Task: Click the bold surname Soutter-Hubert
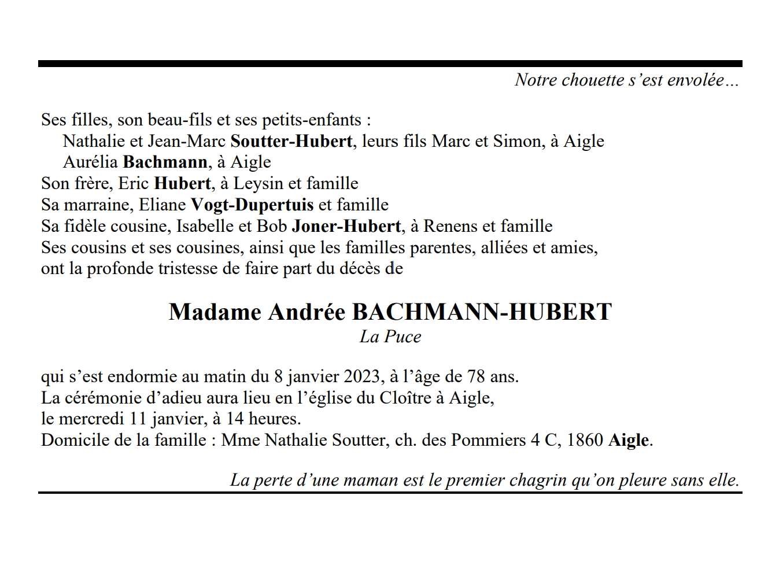coord(291,141)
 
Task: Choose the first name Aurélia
coord(90,162)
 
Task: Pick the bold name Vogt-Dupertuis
coord(252,205)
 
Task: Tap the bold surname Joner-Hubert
coord(346,226)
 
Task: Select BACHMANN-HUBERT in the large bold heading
coord(482,312)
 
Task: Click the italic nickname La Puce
coord(390,337)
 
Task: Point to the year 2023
coord(361,376)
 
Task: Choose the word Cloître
coord(405,398)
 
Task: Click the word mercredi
coord(91,419)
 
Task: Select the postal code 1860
coord(585,440)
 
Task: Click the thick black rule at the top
coord(390,64)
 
